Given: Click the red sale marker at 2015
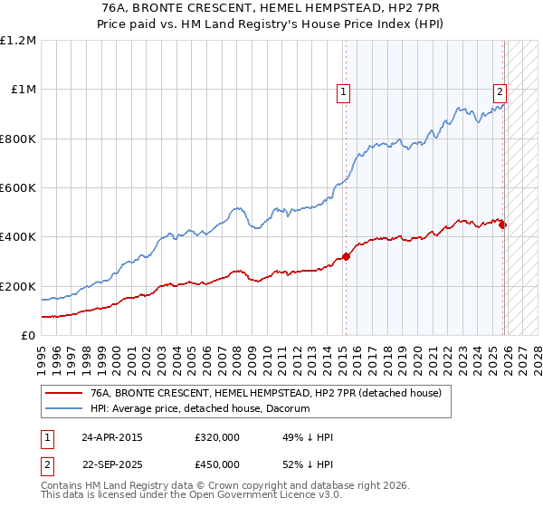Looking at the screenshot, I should click(346, 256).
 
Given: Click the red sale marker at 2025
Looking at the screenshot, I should click(503, 225).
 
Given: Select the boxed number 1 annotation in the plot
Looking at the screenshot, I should click(345, 91).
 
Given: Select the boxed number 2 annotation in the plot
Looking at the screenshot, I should click(500, 91).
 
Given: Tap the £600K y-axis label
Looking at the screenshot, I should click(18, 188).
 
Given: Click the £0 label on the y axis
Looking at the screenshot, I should click(29, 335).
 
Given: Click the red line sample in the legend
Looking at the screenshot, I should click(63, 393).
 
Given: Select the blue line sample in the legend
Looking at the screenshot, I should click(63, 409).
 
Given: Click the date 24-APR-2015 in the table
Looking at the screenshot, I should click(110, 437).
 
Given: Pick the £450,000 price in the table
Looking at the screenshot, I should click(216, 464).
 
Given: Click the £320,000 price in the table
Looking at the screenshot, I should click(216, 437).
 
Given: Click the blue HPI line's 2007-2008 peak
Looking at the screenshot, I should click(236, 208).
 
